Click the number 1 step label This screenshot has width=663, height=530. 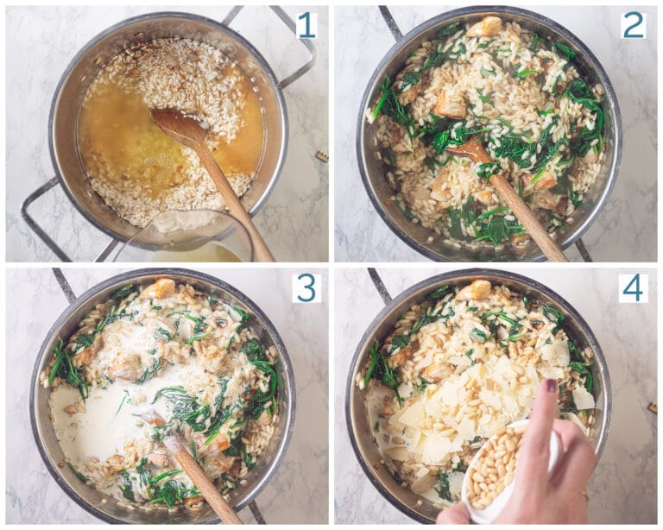(306, 25)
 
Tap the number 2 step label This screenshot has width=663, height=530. (634, 25)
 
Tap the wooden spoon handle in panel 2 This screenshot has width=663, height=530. (527, 216)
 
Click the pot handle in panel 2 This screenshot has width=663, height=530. (389, 22)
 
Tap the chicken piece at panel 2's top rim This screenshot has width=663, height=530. (485, 27)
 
